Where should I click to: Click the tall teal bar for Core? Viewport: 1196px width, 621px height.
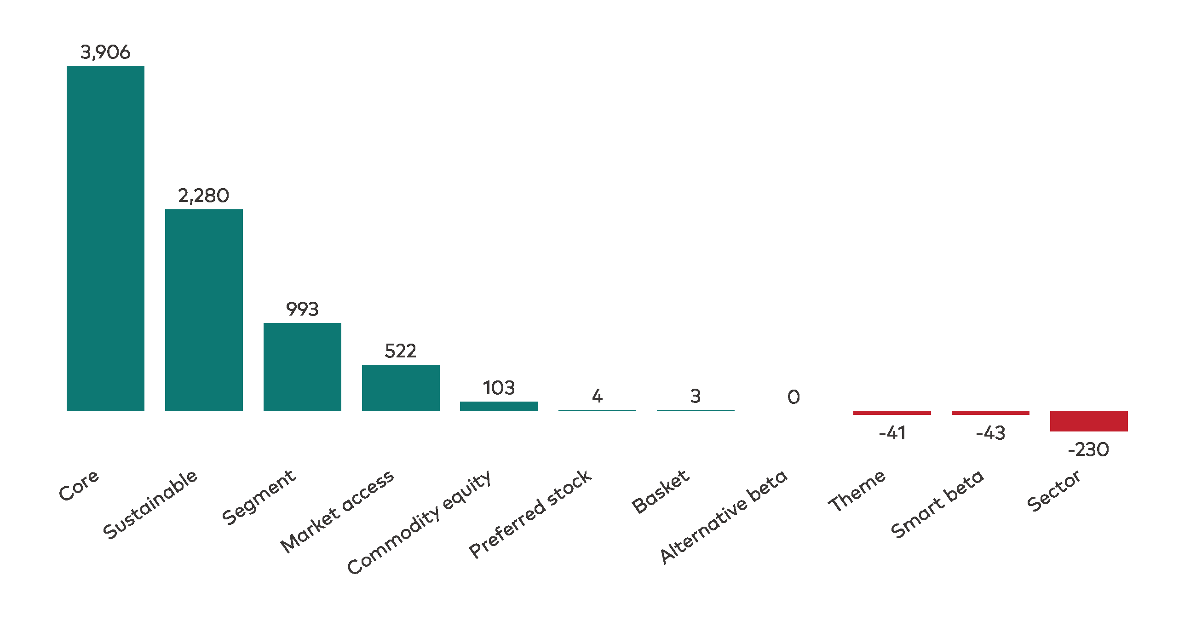[105, 238]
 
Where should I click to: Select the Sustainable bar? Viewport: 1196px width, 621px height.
[204, 310]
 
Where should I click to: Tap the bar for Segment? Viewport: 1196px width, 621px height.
[302, 367]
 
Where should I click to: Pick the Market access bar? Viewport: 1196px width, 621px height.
[401, 387]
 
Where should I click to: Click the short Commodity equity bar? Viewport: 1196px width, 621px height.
[499, 406]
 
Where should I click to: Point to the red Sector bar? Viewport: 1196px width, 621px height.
[1089, 421]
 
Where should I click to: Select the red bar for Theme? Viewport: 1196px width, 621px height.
[892, 413]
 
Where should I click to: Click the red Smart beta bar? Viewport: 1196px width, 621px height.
[990, 413]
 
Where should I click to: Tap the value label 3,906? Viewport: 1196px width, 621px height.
[105, 52]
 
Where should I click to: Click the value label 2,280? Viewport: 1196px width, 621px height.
[204, 196]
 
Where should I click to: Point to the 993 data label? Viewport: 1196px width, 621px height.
[302, 309]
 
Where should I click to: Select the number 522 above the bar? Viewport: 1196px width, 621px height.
[401, 351]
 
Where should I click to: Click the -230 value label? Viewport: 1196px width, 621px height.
[1089, 449]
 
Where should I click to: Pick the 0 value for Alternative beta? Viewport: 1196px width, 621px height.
[793, 397]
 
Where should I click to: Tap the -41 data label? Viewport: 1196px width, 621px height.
[892, 433]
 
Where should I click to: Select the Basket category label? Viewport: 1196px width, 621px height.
[660, 491]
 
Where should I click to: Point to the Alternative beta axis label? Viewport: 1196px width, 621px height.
[724, 517]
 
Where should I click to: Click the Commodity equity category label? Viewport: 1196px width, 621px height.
[419, 522]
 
